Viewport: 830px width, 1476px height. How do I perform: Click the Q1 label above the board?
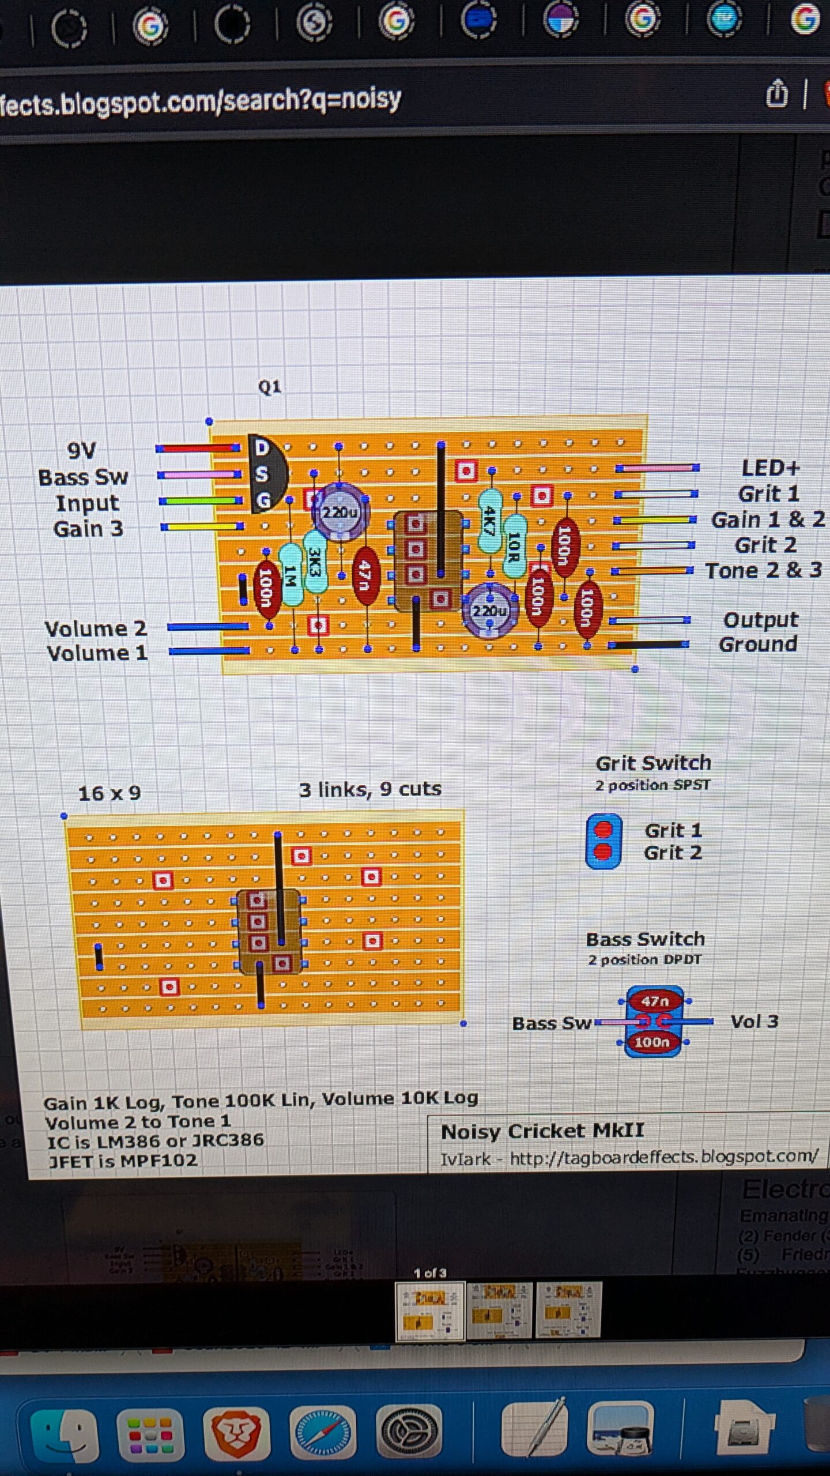(x=269, y=386)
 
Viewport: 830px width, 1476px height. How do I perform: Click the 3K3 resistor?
(x=315, y=561)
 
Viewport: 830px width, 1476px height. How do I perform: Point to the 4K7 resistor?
(x=490, y=521)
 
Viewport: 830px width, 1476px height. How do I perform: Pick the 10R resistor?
(x=514, y=546)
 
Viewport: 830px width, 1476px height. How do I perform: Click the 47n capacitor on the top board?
(x=365, y=576)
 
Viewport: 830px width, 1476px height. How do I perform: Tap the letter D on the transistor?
(x=262, y=447)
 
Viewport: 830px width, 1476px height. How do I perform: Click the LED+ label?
(x=770, y=468)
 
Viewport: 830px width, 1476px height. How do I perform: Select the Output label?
(x=760, y=620)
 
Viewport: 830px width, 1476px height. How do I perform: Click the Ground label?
(x=758, y=644)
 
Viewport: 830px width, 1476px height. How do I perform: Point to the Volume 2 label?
(x=96, y=628)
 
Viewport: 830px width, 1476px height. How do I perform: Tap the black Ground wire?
(x=648, y=645)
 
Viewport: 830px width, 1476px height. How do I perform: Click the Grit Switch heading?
(x=653, y=763)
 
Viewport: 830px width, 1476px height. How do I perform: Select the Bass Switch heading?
(x=645, y=939)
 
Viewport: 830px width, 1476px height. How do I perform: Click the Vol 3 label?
(x=754, y=1022)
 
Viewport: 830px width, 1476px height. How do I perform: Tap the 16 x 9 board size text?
(x=110, y=793)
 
